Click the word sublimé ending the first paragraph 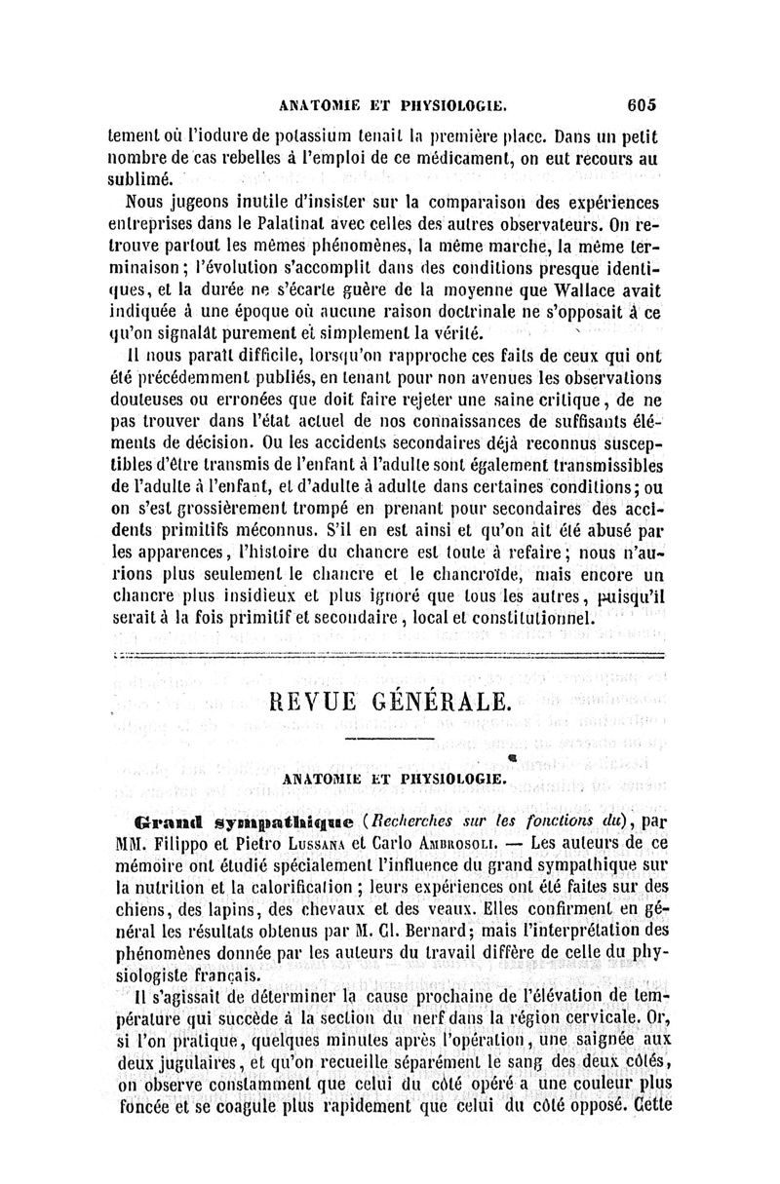point(140,178)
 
